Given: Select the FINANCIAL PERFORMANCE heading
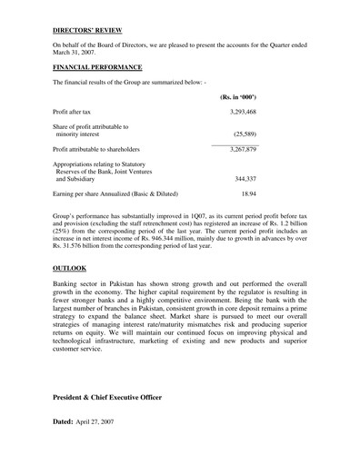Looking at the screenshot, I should [x=97, y=68].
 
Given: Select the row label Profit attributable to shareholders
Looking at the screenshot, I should [x=109, y=148].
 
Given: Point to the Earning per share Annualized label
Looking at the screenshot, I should [x=115, y=194].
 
